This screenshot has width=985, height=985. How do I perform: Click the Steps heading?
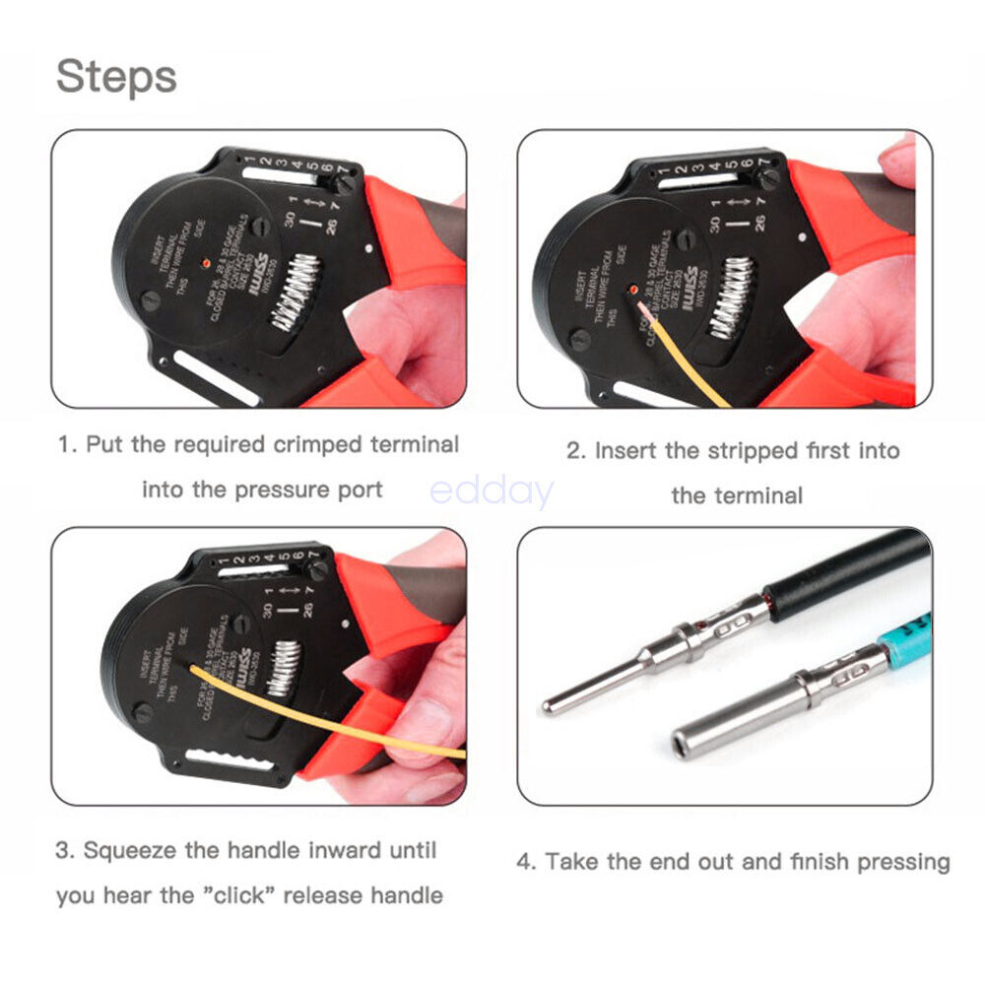point(116,76)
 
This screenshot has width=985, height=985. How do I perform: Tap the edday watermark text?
point(492,491)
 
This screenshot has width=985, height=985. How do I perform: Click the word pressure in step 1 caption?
point(279,490)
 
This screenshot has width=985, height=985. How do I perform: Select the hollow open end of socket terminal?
point(687,741)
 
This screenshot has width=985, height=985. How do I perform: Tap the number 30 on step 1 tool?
point(292,218)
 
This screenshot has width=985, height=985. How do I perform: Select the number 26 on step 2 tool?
point(757,223)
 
